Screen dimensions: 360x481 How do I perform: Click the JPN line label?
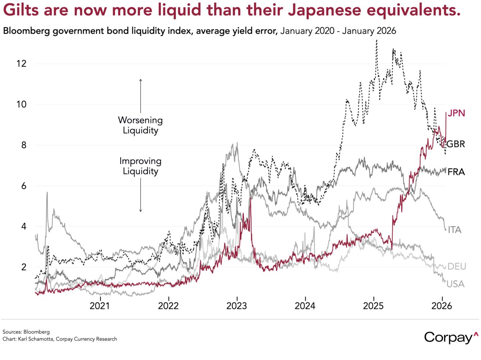[x=456, y=113]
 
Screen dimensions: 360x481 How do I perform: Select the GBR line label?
[x=455, y=144]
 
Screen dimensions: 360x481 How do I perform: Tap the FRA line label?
[x=456, y=172]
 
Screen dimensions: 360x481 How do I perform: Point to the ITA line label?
[x=454, y=230]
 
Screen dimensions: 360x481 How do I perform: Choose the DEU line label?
[x=457, y=266]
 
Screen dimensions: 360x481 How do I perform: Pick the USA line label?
[x=455, y=284]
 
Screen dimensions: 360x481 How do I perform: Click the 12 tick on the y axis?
[x=21, y=64]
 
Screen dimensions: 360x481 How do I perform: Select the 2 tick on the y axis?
[x=23, y=267]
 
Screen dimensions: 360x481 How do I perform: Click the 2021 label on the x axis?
[x=100, y=306]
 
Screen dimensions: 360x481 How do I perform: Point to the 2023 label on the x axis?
[x=237, y=306]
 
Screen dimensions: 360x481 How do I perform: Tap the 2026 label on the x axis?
[x=442, y=306]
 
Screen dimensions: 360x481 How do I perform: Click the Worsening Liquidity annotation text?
[x=140, y=125]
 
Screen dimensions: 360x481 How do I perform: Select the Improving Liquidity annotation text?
[x=140, y=166]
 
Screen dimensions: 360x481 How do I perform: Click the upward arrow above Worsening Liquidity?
[x=141, y=95]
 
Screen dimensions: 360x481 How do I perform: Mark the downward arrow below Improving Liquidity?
[x=141, y=194]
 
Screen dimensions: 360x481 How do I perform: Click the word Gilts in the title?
[x=21, y=10]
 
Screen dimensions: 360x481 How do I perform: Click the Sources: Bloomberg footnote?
[x=26, y=332]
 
